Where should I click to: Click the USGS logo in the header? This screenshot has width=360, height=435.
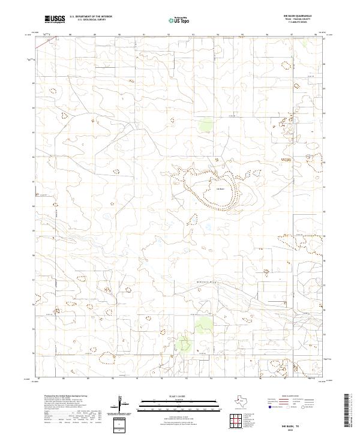55,19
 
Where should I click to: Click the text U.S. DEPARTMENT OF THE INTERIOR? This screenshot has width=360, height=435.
91,17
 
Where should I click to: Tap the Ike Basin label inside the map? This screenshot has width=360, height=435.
220,188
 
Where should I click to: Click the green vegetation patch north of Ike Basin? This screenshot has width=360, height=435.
206,125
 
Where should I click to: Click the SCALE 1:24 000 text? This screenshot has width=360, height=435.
163,397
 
